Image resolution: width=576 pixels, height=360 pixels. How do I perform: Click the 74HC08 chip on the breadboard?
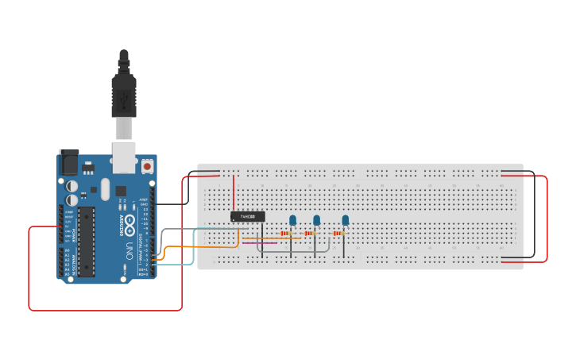[x=247, y=216]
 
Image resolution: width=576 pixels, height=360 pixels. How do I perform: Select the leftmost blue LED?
[x=292, y=221]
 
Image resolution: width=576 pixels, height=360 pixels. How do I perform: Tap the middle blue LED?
[x=316, y=221]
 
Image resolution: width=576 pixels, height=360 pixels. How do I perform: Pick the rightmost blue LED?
[x=345, y=221]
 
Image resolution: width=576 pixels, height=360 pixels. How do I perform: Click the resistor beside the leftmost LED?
[x=286, y=234]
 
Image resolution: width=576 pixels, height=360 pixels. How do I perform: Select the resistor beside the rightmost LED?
[x=338, y=234]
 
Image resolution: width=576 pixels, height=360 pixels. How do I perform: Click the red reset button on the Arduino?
[x=147, y=167]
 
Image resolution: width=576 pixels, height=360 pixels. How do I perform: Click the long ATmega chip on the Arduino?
[x=86, y=238]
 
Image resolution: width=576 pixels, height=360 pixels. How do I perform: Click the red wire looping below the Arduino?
[x=103, y=309]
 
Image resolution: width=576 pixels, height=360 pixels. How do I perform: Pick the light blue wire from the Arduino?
[x=193, y=246]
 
